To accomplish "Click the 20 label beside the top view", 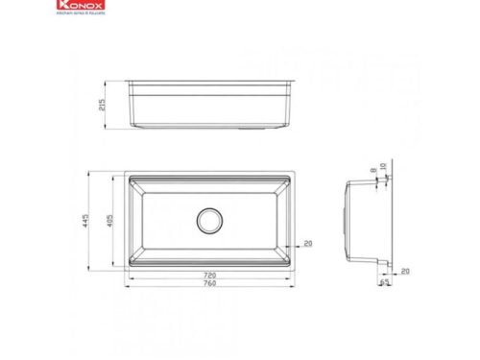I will [x=307, y=243].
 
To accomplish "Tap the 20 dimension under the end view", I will [x=405, y=272].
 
